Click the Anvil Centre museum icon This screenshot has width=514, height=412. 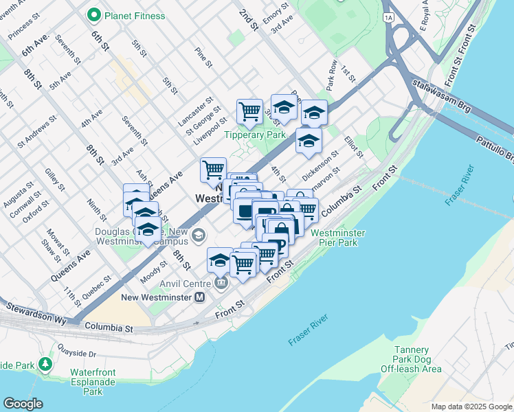[x=221, y=282]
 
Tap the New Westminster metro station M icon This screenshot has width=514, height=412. [x=200, y=297]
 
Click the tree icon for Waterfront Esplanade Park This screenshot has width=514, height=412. [x=45, y=364]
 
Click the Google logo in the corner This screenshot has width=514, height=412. [x=23, y=403]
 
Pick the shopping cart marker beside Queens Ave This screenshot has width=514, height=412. [x=214, y=168]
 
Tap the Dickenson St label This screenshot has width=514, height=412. [x=320, y=166]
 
